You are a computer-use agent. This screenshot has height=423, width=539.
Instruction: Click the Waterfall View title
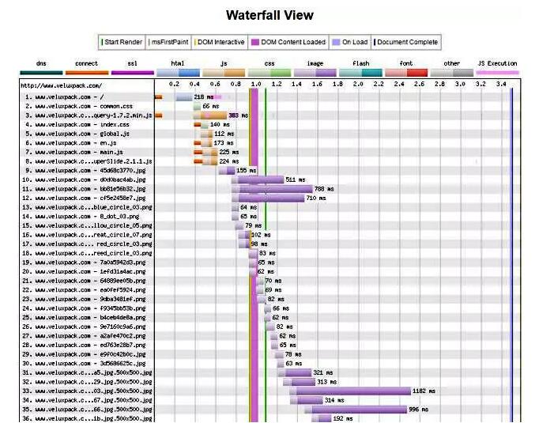click(269, 15)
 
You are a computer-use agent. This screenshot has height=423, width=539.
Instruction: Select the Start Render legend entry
click(122, 42)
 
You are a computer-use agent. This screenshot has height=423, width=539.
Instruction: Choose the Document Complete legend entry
click(405, 42)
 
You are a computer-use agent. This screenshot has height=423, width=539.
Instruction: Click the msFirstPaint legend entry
click(169, 42)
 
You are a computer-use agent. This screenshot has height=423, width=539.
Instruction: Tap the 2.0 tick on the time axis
click(358, 83)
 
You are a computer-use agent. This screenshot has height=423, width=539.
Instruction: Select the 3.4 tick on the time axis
click(501, 83)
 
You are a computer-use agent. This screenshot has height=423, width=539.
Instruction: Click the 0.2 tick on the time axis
click(174, 83)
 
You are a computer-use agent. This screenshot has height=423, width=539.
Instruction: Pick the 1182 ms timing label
click(424, 391)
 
